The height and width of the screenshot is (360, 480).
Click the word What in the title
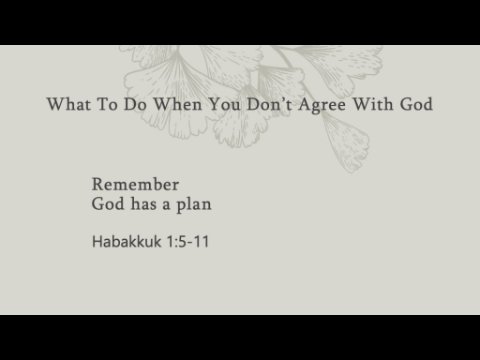69,104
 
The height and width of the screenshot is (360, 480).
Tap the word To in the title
107,104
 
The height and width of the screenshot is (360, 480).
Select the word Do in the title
135,104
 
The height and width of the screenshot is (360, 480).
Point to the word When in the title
177,104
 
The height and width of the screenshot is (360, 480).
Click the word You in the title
224,104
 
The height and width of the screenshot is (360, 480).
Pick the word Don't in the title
269,104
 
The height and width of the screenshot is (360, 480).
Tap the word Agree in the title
322,105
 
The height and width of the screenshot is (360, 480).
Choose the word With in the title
373,104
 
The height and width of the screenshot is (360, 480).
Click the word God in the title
416,104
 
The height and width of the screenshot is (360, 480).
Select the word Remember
135,184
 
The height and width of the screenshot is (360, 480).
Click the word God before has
108,204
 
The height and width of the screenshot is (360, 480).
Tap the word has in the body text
143,204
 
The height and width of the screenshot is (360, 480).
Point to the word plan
194,205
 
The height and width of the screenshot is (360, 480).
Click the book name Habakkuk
127,241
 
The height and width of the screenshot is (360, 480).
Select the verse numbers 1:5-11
188,242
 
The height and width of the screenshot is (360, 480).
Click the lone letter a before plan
166,206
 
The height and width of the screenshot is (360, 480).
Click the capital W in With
363,104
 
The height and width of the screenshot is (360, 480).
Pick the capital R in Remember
98,184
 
